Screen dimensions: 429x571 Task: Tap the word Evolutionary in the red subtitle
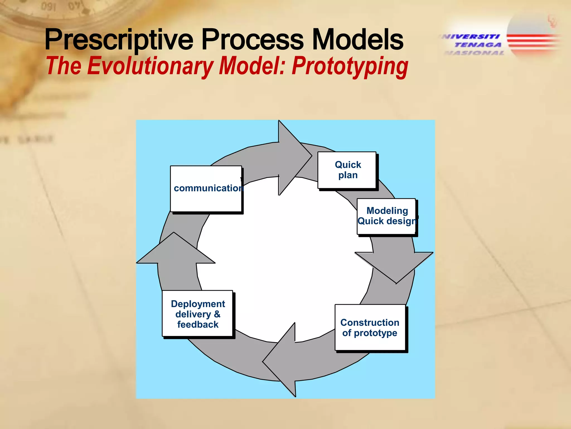pos(150,66)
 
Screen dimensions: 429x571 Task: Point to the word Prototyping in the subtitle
pos(350,66)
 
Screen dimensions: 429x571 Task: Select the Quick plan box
pos(347,170)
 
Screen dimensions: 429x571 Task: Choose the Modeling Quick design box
pos(386,216)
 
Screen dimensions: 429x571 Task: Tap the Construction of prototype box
pos(370,327)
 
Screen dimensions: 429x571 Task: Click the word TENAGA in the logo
pos(478,45)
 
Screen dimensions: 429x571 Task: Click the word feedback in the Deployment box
pos(198,325)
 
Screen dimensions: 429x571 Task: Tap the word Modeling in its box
pos(387,211)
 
